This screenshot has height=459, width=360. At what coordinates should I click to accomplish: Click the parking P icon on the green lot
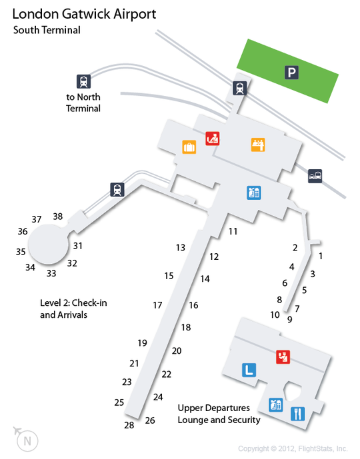click(291, 73)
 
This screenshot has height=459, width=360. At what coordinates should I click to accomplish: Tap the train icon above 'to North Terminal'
click(83, 81)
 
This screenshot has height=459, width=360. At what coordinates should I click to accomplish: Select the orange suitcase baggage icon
click(189, 147)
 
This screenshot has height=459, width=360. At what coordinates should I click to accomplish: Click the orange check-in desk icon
click(258, 145)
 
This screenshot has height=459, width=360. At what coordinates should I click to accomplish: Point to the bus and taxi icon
click(315, 176)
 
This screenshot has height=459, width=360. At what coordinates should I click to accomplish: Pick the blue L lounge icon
click(249, 370)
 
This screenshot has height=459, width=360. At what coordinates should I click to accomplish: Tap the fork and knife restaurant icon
click(297, 414)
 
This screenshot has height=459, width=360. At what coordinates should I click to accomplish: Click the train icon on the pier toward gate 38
click(117, 189)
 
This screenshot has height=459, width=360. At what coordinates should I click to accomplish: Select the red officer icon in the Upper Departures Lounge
click(283, 357)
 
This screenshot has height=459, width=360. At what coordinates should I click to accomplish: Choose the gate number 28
click(129, 425)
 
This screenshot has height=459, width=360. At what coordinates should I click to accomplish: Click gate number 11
click(233, 232)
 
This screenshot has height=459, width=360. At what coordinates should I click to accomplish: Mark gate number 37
click(37, 219)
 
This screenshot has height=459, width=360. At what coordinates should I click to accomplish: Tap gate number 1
click(321, 256)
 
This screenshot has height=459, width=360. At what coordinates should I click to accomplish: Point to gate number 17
click(157, 305)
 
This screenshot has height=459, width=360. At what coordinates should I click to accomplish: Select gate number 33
click(51, 273)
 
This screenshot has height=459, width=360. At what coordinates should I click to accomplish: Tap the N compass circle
click(27, 441)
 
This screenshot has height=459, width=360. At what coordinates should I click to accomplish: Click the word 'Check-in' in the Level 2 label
click(89, 302)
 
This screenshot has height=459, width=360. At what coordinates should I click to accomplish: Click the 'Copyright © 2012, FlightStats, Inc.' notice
click(293, 449)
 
